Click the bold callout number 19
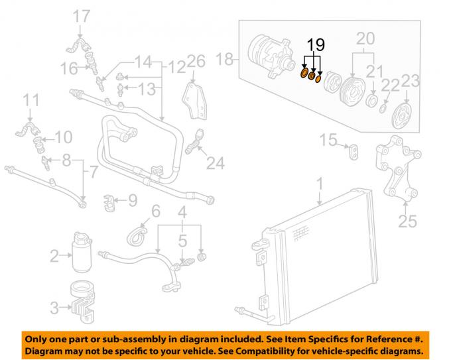[x=316, y=46]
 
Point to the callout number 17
[x=82, y=15]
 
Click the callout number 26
[x=195, y=61]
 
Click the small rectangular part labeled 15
[x=354, y=152]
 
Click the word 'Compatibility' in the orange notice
[x=289, y=349]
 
